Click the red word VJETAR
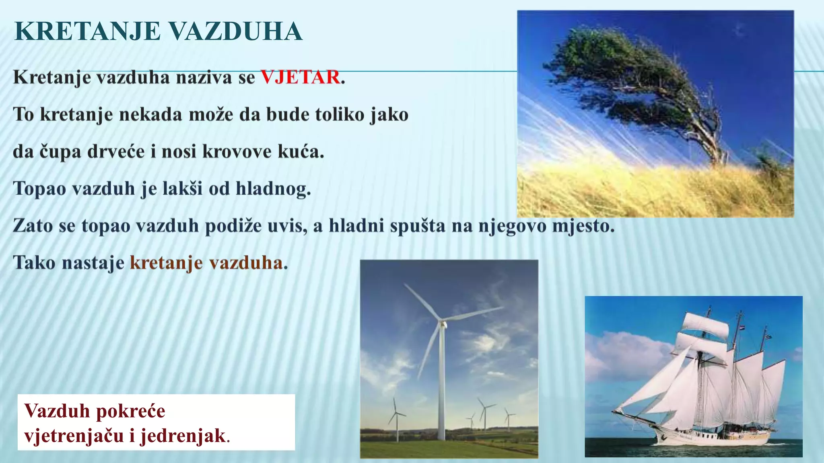[x=300, y=77]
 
